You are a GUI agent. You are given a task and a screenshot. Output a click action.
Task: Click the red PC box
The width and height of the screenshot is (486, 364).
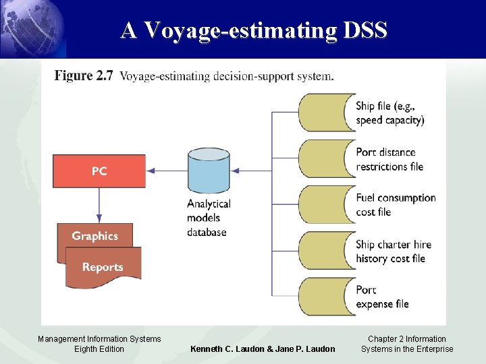point(99,171)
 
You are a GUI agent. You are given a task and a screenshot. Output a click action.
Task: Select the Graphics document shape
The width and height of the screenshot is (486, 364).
point(94,235)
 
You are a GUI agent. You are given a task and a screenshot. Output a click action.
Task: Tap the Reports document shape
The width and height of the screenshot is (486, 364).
point(103,267)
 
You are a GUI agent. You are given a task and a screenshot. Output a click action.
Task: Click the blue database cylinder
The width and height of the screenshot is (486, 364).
point(209,171)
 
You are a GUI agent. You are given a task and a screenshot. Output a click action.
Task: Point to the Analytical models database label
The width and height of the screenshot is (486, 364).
point(209,218)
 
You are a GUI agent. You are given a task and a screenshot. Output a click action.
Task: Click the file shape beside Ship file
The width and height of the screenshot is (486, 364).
point(325,113)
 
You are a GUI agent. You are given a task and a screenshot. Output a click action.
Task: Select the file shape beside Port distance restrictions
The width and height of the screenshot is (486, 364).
point(325,158)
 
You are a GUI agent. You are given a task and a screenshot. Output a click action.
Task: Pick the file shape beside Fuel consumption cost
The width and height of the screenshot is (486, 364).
point(325,204)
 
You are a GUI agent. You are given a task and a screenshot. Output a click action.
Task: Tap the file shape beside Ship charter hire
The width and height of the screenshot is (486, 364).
point(325,251)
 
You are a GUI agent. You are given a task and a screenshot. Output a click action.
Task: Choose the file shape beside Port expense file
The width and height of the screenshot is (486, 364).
point(325,297)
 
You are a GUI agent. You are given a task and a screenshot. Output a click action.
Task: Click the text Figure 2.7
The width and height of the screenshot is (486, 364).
point(83,75)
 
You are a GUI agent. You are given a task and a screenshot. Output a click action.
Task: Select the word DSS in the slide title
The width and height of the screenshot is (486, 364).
point(364,30)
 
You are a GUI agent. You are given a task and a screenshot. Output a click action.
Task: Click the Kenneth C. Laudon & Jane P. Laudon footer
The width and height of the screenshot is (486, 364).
point(263,348)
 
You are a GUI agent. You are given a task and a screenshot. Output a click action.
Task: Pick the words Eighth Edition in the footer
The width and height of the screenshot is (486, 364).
point(99,348)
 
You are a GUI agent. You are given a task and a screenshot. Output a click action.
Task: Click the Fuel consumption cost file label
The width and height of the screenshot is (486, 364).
point(396,204)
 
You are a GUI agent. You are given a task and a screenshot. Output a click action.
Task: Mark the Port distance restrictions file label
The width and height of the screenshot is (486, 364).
point(389,159)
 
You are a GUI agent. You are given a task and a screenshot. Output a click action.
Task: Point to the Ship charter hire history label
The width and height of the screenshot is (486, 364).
point(393,251)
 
